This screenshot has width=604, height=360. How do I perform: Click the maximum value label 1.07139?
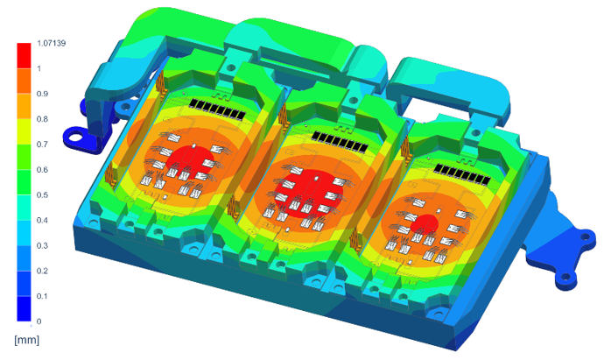coord(52,43)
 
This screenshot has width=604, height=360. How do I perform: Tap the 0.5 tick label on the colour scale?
coord(42,195)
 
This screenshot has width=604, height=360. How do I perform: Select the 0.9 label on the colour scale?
coord(42,94)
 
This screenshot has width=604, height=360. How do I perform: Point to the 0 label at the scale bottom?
coord(39,321)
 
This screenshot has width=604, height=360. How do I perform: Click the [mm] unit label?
coord(26,340)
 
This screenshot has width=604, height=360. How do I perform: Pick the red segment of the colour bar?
coord(24,56)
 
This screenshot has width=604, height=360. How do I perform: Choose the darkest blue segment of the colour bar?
coord(24,308)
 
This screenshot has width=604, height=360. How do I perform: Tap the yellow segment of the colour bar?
coord(24,131)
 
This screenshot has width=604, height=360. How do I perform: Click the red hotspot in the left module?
coord(191,162)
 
